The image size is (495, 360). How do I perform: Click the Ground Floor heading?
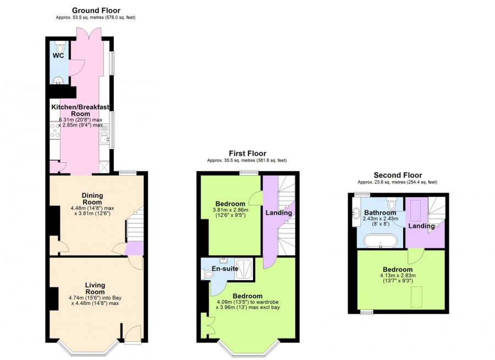pos(96,10)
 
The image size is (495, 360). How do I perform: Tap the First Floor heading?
pos(248,154)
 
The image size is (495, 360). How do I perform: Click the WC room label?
pos(59,56)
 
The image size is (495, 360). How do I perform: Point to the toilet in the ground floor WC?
pos(60,47)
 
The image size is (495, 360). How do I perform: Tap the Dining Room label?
pos(92,195)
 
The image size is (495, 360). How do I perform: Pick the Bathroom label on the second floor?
pos(380,213)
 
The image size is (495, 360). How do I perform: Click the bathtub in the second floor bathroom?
pos(380,241)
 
